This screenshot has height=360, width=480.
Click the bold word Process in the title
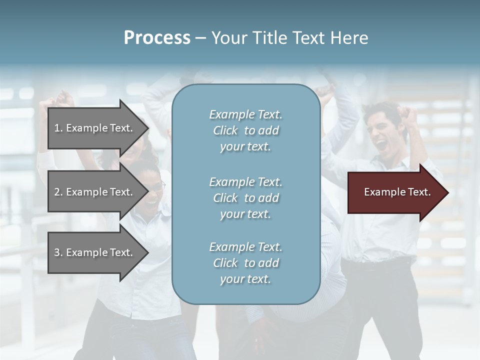pos(157,38)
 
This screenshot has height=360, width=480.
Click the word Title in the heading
pos(269,38)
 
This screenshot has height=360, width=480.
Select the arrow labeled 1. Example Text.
pos(95,128)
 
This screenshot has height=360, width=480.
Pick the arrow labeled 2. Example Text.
pos(95,192)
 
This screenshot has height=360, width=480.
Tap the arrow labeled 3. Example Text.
pos(95,252)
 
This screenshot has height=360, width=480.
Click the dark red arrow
pos(395,192)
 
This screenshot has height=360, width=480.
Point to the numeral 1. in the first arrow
pos(58,128)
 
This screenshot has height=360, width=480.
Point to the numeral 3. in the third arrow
pos(58,252)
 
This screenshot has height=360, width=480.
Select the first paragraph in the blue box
pos(245,130)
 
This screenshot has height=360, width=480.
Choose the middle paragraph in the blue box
pos(245,198)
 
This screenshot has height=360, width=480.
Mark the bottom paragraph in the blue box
pos(245,263)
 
